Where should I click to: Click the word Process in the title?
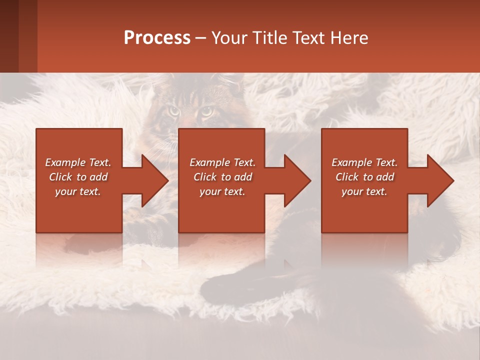pos(157,38)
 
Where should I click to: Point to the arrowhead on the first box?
pos(155,180)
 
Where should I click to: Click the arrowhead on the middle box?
pos(297,180)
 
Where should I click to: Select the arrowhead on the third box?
pos(440,180)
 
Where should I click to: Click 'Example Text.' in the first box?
pos(78,162)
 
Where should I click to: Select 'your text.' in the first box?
pos(78,191)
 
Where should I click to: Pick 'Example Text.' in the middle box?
pos(222,162)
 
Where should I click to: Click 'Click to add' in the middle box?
pos(222,177)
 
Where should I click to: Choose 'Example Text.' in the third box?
pos(364,162)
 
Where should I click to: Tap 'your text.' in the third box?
pos(364,191)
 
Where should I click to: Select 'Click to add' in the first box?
pos(78,177)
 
